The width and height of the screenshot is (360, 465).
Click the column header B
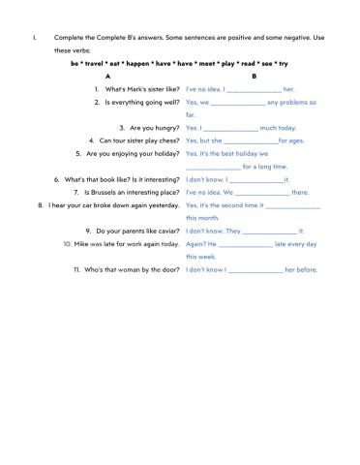tap(254, 75)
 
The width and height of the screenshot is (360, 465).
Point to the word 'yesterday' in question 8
tap(161, 205)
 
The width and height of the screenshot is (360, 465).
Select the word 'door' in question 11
tap(169, 269)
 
